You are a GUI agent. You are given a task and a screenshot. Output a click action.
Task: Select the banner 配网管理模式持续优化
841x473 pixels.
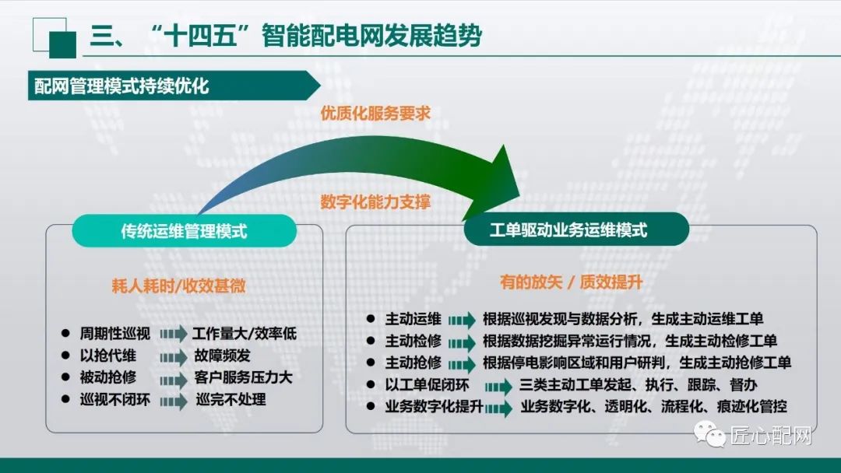(121, 86)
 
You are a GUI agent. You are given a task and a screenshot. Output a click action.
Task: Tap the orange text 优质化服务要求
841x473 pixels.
(375, 112)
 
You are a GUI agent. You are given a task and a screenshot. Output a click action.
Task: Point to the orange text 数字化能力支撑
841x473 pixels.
(375, 201)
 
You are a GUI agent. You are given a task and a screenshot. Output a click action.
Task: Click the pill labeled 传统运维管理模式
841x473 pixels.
(185, 230)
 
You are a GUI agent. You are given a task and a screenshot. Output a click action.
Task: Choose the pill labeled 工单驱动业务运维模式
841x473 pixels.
(576, 230)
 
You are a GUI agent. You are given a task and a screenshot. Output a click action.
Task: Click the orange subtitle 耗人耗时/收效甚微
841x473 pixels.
(178, 286)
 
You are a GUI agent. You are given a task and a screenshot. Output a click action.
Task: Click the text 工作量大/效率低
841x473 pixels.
(244, 334)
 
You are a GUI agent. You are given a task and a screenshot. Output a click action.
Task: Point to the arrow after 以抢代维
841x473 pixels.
(174, 356)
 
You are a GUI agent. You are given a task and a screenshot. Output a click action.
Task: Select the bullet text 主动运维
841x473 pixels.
(413, 319)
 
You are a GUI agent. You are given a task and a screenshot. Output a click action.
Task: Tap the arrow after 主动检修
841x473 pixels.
(461, 342)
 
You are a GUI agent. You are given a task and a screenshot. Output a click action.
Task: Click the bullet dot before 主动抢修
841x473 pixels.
(371, 363)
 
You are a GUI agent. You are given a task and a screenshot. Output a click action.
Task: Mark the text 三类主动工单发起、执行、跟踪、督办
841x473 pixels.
(639, 385)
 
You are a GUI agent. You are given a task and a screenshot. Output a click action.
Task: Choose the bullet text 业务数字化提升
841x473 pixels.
(434, 407)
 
